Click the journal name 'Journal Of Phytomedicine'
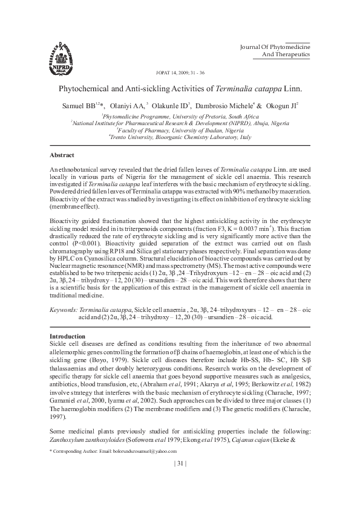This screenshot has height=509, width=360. tap(275, 47)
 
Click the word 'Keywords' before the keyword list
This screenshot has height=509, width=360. tap(62, 309)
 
